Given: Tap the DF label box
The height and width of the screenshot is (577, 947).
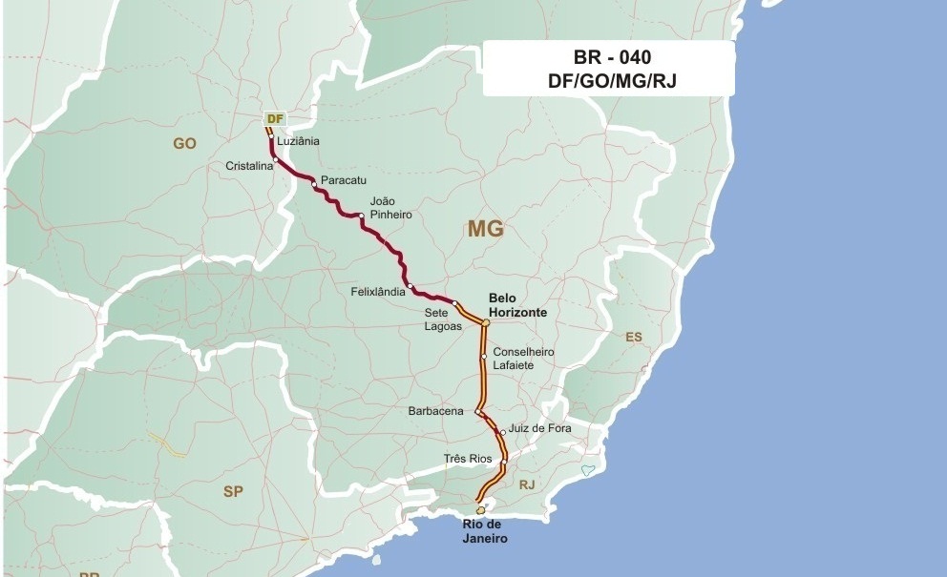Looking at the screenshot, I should point(275,118).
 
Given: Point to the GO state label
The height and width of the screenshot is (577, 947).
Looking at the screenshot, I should point(184,143).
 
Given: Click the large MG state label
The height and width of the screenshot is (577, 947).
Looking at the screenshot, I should point(485,229).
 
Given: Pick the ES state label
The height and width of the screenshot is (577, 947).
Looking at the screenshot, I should point(634,337).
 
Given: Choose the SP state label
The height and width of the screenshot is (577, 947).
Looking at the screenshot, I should point(233,492).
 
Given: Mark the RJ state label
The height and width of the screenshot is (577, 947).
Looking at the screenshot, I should point(527,484).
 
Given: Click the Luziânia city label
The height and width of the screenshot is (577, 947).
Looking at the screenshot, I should point(298,141).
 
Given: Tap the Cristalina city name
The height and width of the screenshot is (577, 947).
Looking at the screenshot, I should point(249,165).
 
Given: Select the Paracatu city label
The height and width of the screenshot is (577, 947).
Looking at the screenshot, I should point(344,179).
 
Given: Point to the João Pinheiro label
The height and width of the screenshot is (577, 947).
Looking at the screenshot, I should point(390,208).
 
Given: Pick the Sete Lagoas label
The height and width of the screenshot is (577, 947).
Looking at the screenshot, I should point(443,319).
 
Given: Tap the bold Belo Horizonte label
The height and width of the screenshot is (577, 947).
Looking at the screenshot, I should point(517,305).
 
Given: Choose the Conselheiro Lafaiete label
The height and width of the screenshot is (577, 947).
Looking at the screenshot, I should point(523,358).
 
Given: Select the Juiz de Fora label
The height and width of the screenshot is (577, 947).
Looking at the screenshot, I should point(540,428).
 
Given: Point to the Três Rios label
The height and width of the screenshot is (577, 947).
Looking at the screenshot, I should point(468,459).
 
